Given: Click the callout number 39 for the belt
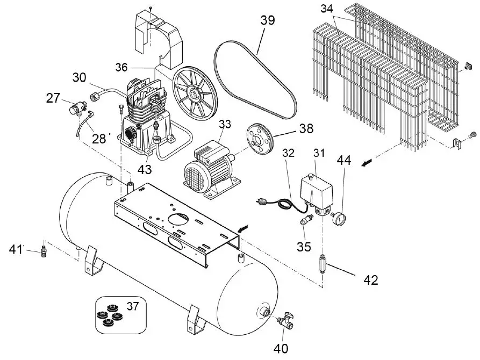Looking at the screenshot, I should click(x=267, y=20).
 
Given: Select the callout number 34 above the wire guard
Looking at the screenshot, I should click(x=327, y=9).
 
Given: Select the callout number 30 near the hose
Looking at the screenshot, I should click(x=80, y=78).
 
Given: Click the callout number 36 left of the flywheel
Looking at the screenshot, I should click(x=122, y=67).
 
